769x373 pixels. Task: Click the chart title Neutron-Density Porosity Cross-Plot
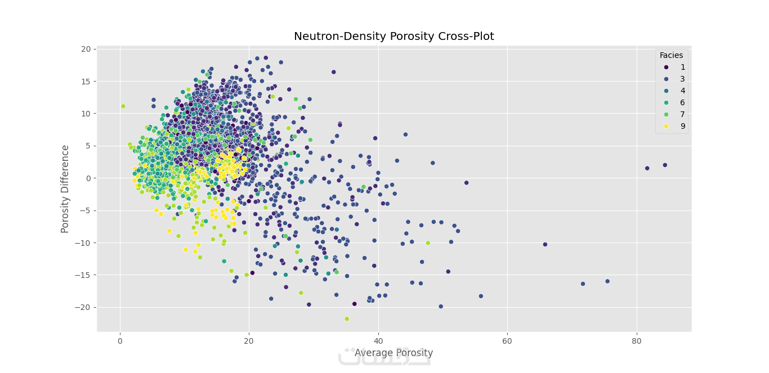coord(394,37)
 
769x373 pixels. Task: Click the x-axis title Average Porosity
coord(394,353)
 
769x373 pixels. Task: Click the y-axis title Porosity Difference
coord(65,188)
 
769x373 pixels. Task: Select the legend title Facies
coord(671,55)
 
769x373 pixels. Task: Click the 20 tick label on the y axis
coord(85,49)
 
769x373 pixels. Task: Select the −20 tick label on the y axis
coord(83,307)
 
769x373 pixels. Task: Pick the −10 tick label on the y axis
coord(83,242)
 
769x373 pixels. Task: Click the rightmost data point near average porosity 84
coord(665,165)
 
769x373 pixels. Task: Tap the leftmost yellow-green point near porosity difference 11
coord(123,106)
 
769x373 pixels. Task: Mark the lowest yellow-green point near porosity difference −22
coord(347,319)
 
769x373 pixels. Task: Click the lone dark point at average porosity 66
coord(545,244)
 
